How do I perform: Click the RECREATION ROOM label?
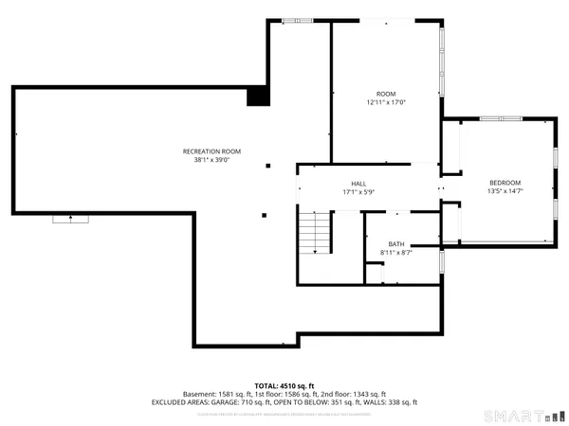point(212,151)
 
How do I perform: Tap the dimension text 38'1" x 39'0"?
point(212,160)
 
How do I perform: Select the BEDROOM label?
point(505,183)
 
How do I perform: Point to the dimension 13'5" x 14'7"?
point(505,191)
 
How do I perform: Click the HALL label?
point(359,184)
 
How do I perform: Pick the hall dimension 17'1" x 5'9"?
point(359,192)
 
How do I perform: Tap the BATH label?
point(395,244)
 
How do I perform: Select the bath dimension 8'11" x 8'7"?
point(395,253)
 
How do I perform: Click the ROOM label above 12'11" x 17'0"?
point(385,94)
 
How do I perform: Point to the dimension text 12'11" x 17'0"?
point(385,102)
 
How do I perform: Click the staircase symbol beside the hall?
point(316,232)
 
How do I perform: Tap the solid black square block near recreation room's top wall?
point(257,96)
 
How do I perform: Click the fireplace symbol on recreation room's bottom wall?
point(68,219)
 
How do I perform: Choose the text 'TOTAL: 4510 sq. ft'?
point(284,386)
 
